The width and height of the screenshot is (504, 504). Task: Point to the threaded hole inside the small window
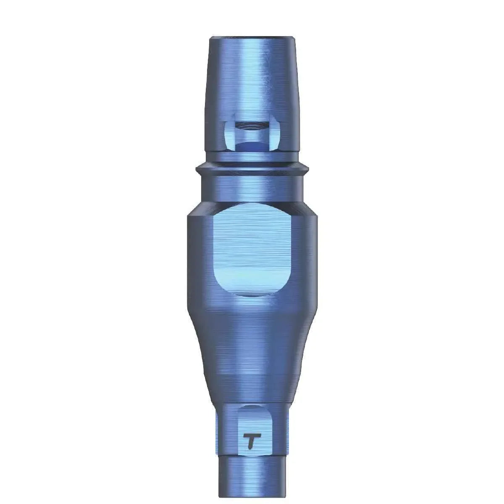click(x=251, y=126)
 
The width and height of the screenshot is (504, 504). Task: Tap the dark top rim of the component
click(x=252, y=38)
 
